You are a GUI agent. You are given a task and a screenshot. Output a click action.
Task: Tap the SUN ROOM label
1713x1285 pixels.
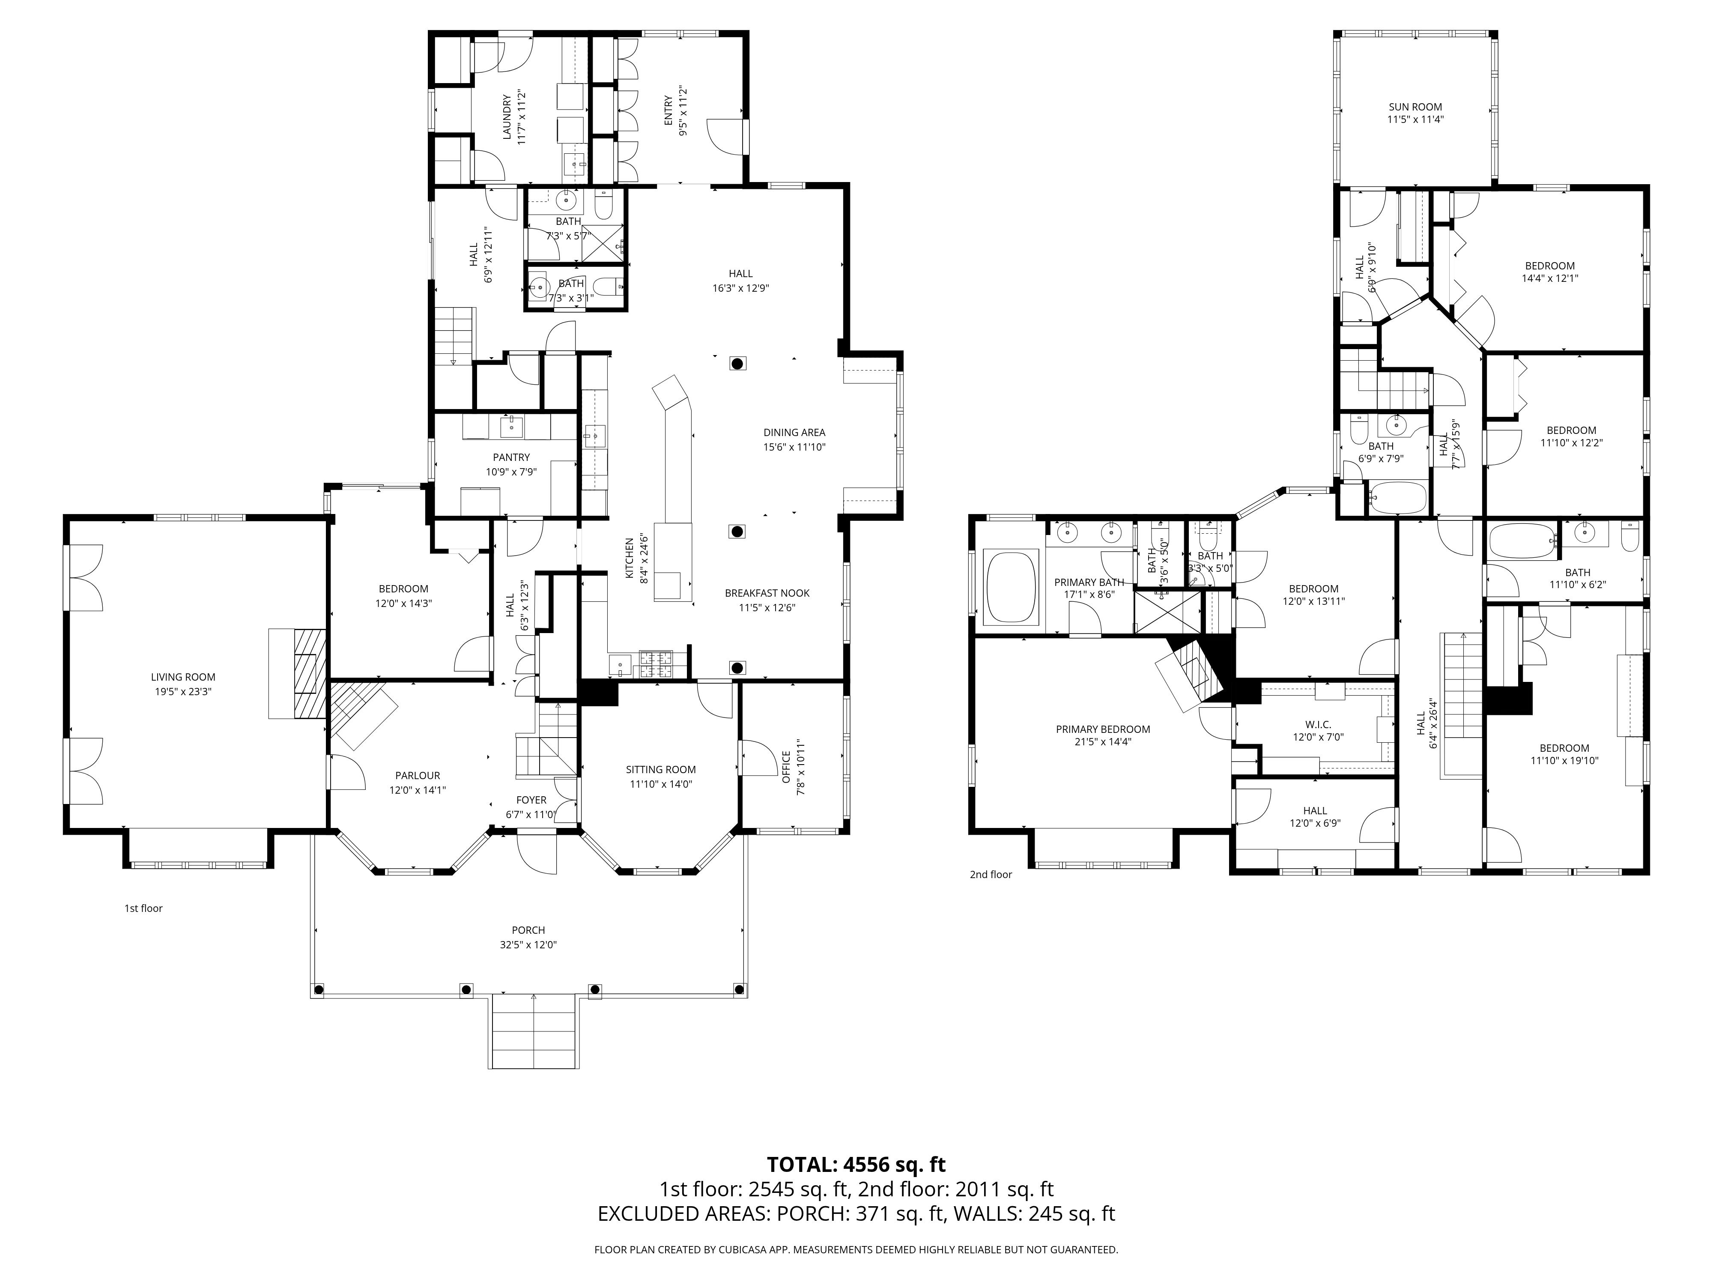coord(1415,107)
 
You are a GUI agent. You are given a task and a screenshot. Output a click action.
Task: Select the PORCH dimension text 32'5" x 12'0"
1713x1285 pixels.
coord(528,945)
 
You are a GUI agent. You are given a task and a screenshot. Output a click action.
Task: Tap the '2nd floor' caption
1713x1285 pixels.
coord(991,875)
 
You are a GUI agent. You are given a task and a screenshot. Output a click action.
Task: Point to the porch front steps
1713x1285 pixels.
coord(534,1032)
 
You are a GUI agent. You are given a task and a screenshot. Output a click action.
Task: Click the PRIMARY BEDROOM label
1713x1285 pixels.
coord(1103,729)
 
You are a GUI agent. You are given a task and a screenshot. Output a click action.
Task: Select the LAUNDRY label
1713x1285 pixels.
coord(507,118)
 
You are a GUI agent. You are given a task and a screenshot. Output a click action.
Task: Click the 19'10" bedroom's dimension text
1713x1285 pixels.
coord(1564,761)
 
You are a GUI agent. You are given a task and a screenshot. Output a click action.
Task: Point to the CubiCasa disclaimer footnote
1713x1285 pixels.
coord(856,1250)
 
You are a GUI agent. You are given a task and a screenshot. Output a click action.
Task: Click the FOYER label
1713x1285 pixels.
coord(531,800)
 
